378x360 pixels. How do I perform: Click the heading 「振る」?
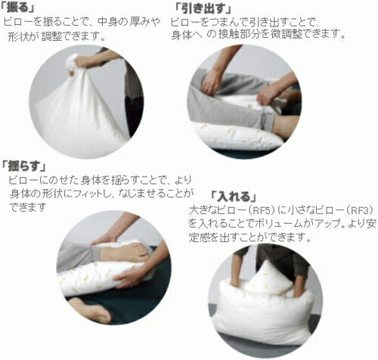(x=17, y=8)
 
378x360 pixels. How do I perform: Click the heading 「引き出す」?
(x=203, y=9)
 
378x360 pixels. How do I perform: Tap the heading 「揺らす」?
(x=24, y=166)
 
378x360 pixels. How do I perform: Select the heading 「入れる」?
(x=234, y=197)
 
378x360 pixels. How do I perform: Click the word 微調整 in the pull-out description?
(x=286, y=34)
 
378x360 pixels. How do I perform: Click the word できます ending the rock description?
(x=28, y=207)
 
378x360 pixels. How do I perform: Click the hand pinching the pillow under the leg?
(x=267, y=96)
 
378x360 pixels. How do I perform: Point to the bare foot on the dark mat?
(x=91, y=310)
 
